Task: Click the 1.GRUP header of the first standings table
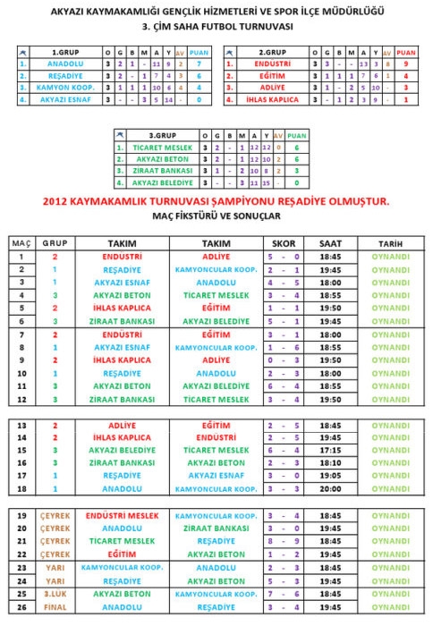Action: (62, 53)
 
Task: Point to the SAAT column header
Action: (330, 243)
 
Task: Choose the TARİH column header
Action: (390, 243)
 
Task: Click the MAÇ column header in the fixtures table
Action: (20, 243)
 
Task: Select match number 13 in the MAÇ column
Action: (20, 426)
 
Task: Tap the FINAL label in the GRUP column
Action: (55, 605)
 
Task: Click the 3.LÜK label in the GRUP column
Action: (55, 593)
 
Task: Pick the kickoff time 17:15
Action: (330, 451)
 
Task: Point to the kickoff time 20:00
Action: (330, 489)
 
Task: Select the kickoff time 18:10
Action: (330, 463)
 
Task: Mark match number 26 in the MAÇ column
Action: (20, 605)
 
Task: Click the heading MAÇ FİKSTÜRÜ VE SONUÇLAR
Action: (216, 217)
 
